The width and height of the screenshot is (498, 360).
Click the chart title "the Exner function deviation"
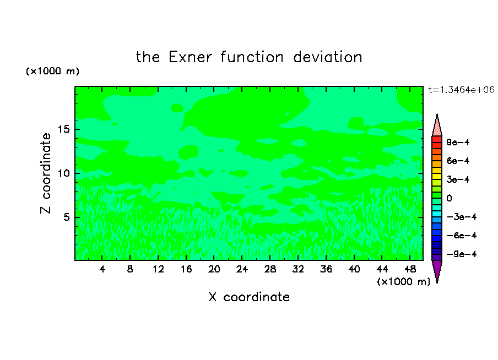249,57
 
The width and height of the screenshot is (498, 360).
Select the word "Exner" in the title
190,57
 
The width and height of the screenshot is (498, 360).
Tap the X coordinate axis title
249,297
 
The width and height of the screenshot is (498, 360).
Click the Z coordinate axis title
46,173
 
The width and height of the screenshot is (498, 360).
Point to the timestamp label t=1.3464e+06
461,90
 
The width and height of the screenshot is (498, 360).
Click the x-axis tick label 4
102,269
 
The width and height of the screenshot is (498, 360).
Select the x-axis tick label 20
214,269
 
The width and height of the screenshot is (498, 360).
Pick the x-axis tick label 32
298,269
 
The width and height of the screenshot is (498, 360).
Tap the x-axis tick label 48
410,269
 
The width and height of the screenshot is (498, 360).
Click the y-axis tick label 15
63,129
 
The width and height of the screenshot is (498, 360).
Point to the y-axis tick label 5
66,217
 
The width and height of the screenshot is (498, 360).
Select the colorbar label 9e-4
458,142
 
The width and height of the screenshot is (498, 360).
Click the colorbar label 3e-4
458,179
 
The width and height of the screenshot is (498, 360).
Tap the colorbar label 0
449,198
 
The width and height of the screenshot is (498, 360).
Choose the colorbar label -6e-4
462,235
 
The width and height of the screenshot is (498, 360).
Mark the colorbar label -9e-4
462,254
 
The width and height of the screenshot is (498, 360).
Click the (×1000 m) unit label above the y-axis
52,71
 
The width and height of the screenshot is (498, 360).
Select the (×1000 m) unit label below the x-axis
403,282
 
